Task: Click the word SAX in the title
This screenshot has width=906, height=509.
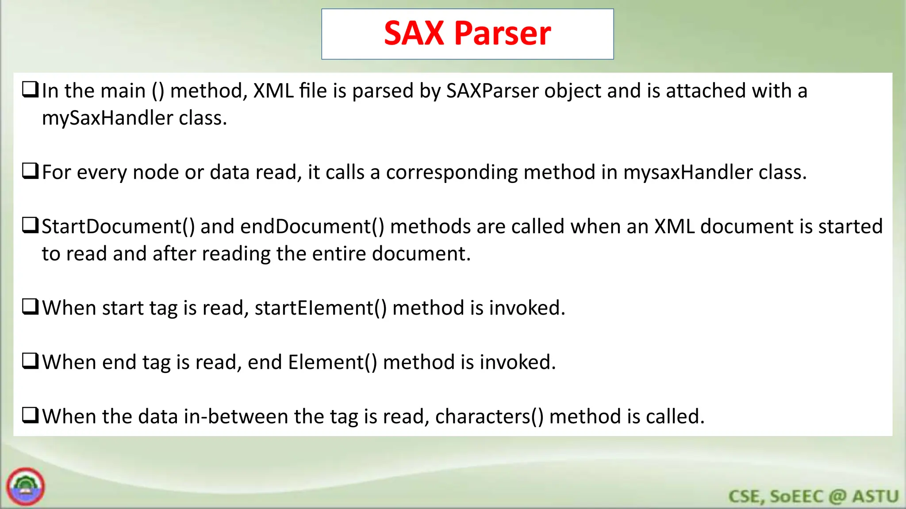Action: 414,34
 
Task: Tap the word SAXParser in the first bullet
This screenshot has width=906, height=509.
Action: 492,91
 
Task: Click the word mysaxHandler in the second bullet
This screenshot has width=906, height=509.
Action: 688,172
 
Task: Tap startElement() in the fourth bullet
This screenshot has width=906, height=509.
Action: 321,308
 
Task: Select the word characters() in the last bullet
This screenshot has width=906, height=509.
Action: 489,417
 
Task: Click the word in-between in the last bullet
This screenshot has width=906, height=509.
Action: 236,417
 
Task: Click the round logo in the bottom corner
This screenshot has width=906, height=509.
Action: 26,486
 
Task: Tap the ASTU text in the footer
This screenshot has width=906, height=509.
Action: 875,496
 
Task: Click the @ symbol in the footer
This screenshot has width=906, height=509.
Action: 837,496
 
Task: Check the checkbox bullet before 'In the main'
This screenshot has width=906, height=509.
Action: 31,90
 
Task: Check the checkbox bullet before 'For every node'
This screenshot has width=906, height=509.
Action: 31,171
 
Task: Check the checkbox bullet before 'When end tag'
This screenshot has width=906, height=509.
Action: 31,361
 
